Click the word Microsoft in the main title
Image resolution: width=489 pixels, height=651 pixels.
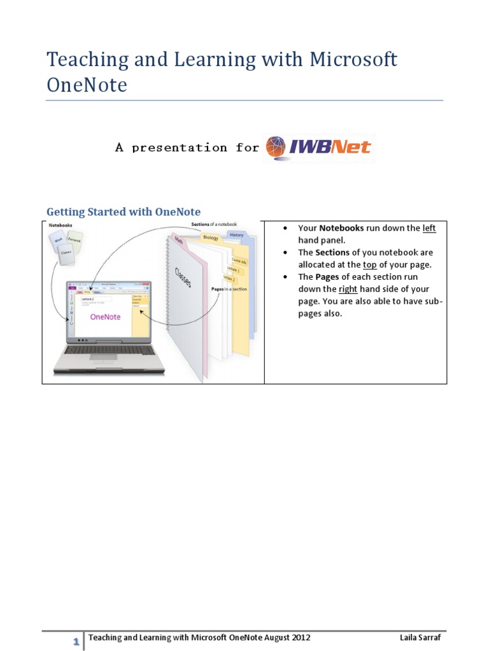pyautogui.click(x=353, y=60)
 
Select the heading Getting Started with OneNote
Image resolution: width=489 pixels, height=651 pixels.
pyautogui.click(x=124, y=212)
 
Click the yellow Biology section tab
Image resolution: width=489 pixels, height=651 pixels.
pyautogui.click(x=211, y=238)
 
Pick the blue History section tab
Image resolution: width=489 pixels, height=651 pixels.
pyautogui.click(x=236, y=235)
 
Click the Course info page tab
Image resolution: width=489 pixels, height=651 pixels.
pyautogui.click(x=239, y=261)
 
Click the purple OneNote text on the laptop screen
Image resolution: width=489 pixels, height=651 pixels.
pyautogui.click(x=106, y=316)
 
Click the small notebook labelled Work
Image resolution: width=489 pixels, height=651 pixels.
pyautogui.click(x=58, y=241)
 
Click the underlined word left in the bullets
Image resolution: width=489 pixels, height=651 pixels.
pyautogui.click(x=429, y=228)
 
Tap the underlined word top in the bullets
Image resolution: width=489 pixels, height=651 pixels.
pyautogui.click(x=369, y=264)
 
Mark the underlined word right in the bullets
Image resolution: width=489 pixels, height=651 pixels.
pyautogui.click(x=348, y=289)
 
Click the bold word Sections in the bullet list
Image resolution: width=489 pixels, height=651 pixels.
pyautogui.click(x=332, y=252)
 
